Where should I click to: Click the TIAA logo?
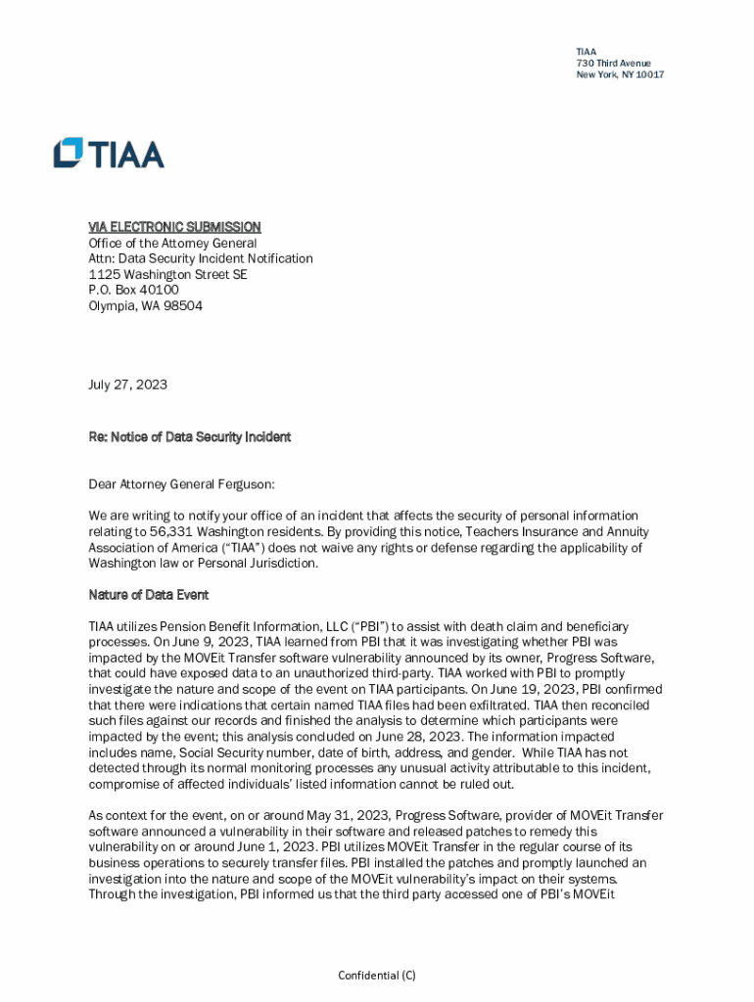(x=109, y=154)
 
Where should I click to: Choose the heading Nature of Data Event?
(x=148, y=595)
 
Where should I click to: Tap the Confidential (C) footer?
(x=377, y=976)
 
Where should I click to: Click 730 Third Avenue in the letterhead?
(x=613, y=64)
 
